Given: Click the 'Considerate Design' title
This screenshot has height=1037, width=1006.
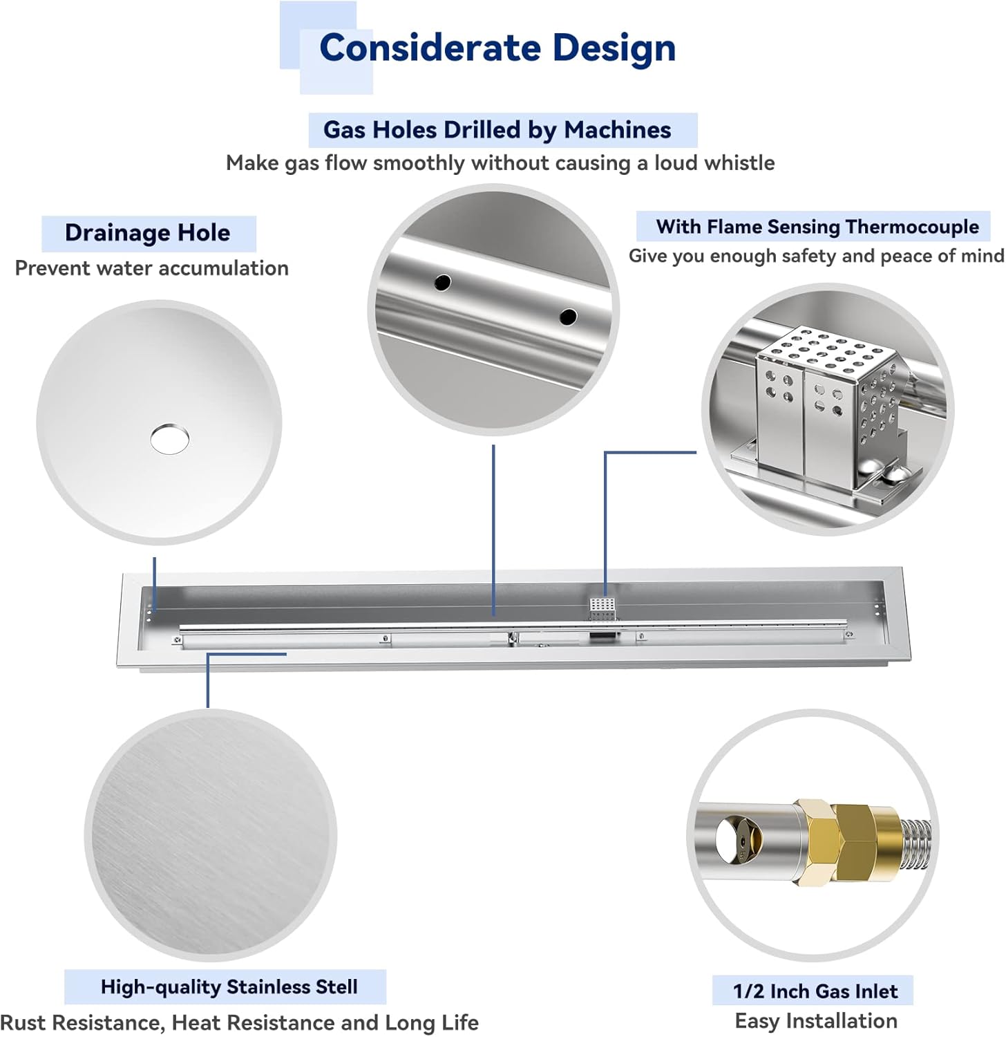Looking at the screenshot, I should (497, 48).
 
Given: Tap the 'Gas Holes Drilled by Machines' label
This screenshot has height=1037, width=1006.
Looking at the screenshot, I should (497, 130).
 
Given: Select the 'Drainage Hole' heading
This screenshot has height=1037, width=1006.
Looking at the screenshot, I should (147, 233).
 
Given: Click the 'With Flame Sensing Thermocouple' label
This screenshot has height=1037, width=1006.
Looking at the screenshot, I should (817, 227).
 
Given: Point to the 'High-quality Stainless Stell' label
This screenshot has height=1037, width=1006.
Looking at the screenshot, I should (229, 987).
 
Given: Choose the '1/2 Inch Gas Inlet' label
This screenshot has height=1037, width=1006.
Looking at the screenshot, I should (815, 991).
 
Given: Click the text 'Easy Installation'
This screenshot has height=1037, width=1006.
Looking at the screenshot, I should (815, 1021).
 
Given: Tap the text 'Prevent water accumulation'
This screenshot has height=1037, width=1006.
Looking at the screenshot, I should (151, 268).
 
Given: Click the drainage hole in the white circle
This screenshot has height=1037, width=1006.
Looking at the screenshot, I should (169, 439).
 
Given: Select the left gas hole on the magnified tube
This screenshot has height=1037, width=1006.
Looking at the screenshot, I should (442, 282).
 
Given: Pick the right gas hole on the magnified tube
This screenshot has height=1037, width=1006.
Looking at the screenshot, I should (568, 317).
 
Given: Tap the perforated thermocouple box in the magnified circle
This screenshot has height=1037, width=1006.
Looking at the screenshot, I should (826, 408).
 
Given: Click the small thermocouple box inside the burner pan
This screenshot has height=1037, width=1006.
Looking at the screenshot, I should (602, 608).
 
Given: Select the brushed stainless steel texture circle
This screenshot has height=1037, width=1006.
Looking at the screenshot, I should (210, 835).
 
